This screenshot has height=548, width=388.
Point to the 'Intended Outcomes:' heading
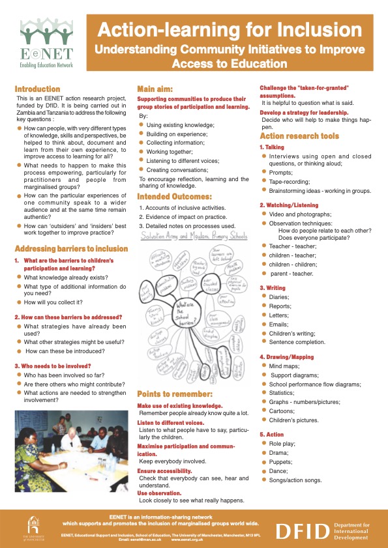(174, 195)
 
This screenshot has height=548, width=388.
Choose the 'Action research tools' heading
(299, 136)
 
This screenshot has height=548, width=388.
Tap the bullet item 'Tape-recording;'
(290, 181)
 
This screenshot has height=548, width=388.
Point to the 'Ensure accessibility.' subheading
(164, 470)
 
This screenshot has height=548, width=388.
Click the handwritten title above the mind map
(194, 234)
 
